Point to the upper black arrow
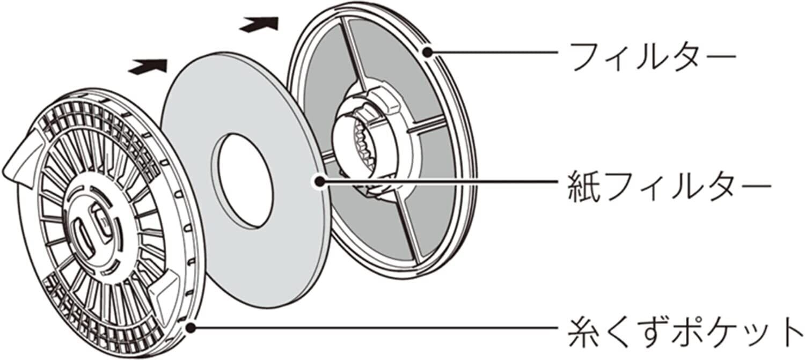click(259, 24)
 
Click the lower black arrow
click(148, 66)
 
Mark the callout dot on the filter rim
click(427, 52)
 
